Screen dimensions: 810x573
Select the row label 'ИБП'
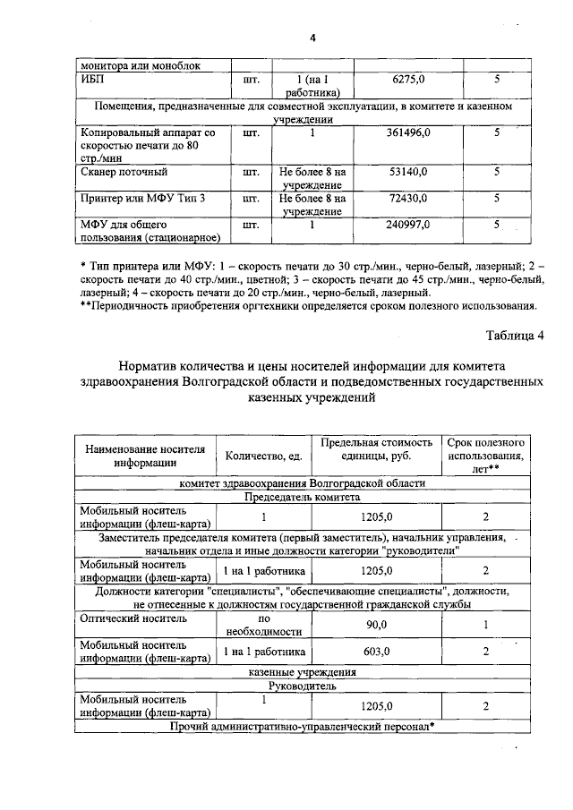92,79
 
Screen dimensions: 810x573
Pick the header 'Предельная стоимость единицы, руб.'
376,449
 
